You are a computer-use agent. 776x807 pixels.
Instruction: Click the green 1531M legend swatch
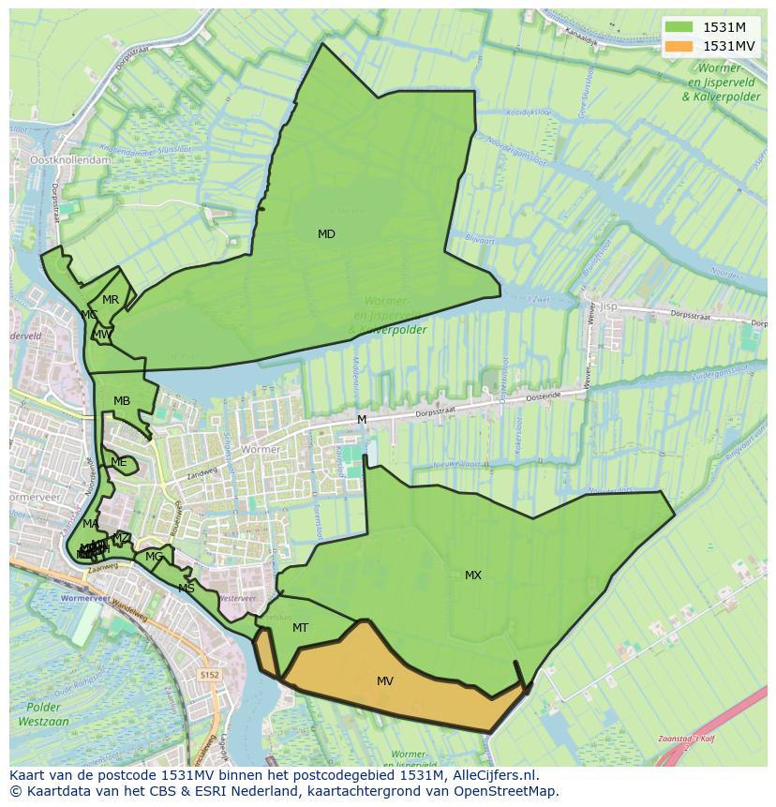pos(680,27)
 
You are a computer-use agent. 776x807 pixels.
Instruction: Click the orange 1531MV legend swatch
pos(680,46)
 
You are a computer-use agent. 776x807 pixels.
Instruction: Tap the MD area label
pos(326,234)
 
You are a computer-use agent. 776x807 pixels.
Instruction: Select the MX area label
pos(473,575)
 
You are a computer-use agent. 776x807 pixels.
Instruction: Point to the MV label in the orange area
pos(385,681)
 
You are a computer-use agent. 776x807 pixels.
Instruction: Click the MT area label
pos(300,628)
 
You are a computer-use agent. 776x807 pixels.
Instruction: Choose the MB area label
pos(122,401)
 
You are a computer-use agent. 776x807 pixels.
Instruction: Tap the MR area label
pos(111,300)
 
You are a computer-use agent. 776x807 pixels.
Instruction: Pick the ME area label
pos(118,462)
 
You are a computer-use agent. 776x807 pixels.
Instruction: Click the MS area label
pos(187,589)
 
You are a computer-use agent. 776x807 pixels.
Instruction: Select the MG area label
pos(154,557)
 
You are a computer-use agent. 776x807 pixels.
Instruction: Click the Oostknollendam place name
pos(71,160)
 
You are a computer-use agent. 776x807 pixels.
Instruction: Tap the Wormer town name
pos(261,450)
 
